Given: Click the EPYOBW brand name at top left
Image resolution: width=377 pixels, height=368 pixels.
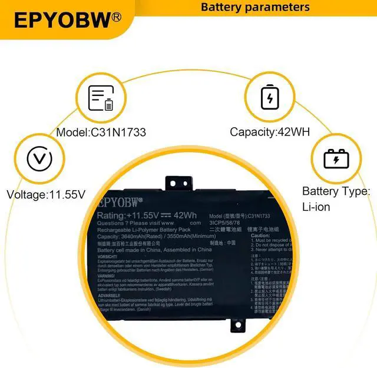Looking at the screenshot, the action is [x=61, y=19].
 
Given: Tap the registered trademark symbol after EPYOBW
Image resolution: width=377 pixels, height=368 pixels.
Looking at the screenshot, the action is [x=117, y=17].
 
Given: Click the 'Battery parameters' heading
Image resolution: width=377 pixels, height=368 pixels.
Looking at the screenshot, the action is [x=255, y=7].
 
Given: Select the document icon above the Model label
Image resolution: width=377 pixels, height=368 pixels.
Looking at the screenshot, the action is [x=101, y=98].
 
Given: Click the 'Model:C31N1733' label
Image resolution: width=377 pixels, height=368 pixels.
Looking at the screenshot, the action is [x=101, y=132].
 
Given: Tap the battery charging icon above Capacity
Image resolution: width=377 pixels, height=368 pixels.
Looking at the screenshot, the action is [x=270, y=97].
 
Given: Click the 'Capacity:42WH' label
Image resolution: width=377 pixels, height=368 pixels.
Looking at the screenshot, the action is [x=270, y=132].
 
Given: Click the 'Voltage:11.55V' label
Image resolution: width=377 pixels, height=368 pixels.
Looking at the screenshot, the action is [x=46, y=194].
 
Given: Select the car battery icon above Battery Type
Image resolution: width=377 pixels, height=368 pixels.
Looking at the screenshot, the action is [x=336, y=158].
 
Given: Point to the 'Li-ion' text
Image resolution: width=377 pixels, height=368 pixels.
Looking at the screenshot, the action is [x=316, y=207].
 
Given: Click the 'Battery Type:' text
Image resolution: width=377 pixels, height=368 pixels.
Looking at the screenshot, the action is [x=336, y=191].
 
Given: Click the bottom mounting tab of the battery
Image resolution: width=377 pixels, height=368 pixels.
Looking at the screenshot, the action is [x=237, y=326].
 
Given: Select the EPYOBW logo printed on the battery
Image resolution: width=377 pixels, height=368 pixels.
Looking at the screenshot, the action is [x=118, y=202].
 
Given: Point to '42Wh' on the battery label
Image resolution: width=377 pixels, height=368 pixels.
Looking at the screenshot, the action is [x=185, y=216].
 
